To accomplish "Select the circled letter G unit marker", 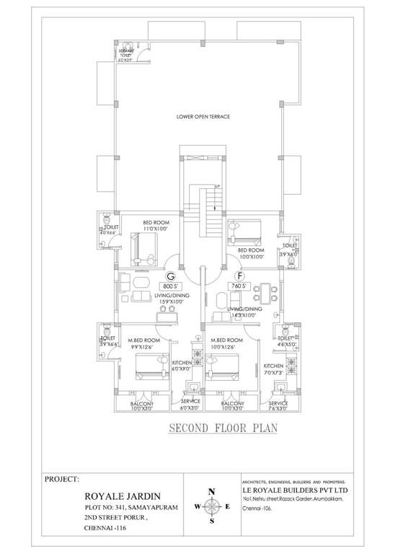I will point(171,276).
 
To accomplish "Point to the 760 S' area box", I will point(236,286).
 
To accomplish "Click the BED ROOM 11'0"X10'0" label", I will point(156,225).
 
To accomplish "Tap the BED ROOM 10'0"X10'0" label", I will point(251,252).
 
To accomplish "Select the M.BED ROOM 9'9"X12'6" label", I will point(143,343).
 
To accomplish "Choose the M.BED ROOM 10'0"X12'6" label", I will point(226,343).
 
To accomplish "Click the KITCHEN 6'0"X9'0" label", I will point(182,365).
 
